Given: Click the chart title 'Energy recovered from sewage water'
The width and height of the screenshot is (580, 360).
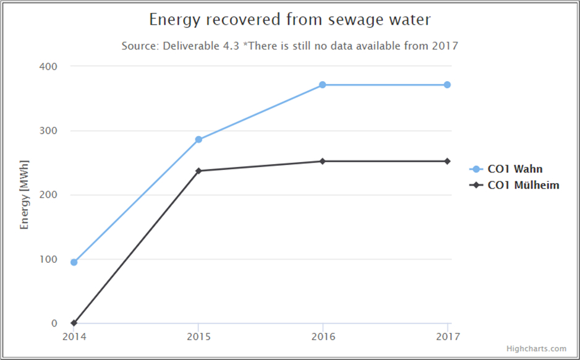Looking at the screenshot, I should point(290,20).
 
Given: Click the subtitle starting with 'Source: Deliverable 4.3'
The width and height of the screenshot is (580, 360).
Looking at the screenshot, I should point(290,46).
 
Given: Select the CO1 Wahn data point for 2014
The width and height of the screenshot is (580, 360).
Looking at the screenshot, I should point(74,262).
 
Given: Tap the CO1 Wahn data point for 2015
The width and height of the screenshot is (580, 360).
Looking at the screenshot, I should point(198,140).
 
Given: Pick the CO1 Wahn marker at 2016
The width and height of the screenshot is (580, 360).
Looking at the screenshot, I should point(323,85).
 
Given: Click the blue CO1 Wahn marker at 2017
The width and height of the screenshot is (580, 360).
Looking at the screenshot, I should point(447,85).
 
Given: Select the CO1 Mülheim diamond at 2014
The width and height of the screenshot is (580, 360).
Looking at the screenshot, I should point(74,323).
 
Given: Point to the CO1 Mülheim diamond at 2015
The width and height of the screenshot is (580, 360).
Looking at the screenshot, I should point(198,171).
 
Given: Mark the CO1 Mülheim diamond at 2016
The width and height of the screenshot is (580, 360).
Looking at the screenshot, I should point(323,161).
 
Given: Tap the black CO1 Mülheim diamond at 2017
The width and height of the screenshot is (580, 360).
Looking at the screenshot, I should point(447,161).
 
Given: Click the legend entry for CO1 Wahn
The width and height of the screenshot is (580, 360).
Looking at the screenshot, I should point(515,169).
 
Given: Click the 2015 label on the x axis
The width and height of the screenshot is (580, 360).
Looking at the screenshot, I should point(198,336).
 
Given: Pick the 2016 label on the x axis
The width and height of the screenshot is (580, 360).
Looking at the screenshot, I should point(322,336).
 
